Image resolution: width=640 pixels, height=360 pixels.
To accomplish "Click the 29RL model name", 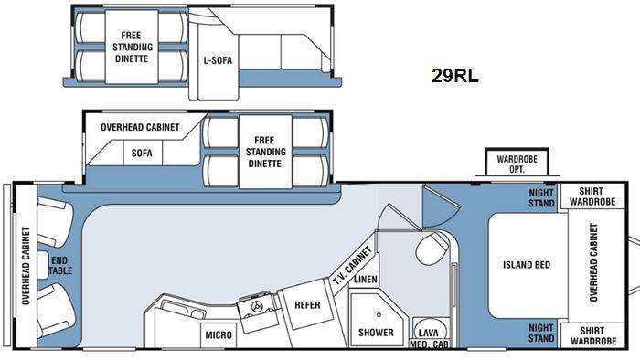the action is coord(454,76).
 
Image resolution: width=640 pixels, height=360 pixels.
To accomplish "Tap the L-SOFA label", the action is coord(218,60).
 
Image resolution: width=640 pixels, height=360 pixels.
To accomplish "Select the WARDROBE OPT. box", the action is coord(517,162).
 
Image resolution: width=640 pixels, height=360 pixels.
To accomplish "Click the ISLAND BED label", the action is coord(527,265).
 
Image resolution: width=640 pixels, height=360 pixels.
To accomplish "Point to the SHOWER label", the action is coord(376,333).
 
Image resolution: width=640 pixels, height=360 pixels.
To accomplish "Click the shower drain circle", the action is coord(379,314).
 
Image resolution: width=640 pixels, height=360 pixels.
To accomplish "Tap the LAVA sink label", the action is coord(429,334).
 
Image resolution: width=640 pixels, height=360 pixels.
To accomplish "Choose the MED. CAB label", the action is coord(429,344).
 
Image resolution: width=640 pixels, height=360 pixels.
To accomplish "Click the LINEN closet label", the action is coord(366,280).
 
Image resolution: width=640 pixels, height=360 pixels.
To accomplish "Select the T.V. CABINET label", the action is coord(352,265).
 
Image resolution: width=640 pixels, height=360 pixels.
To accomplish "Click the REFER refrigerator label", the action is coord(307,305).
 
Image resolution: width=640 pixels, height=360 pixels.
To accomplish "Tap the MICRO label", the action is coord(219,335).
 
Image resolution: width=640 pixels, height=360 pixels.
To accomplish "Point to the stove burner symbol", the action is coord(257,306).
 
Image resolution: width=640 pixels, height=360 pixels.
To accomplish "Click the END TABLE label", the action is coord(61,265).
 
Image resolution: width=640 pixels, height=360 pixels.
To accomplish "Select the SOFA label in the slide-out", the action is coord(142,154).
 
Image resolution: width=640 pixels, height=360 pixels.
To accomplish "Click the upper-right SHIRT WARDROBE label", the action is coord(592,196).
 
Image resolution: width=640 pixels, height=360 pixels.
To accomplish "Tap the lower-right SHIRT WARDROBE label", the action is coord(592,335).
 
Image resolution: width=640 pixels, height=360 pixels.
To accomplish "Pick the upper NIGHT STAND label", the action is coord(541,197).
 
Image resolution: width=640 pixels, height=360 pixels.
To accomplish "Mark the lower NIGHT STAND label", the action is coord(541,333).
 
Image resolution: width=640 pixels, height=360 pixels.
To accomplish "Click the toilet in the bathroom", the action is coord(432,248).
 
